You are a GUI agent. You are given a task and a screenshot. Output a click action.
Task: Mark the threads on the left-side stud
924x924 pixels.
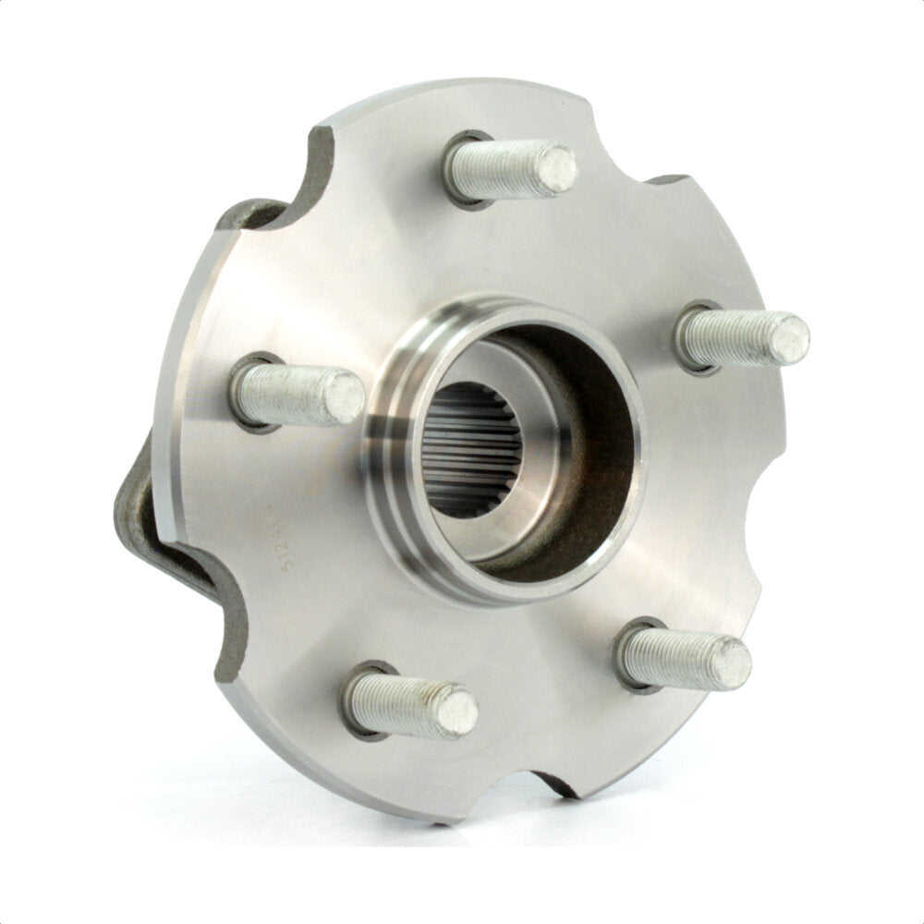(282, 394)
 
